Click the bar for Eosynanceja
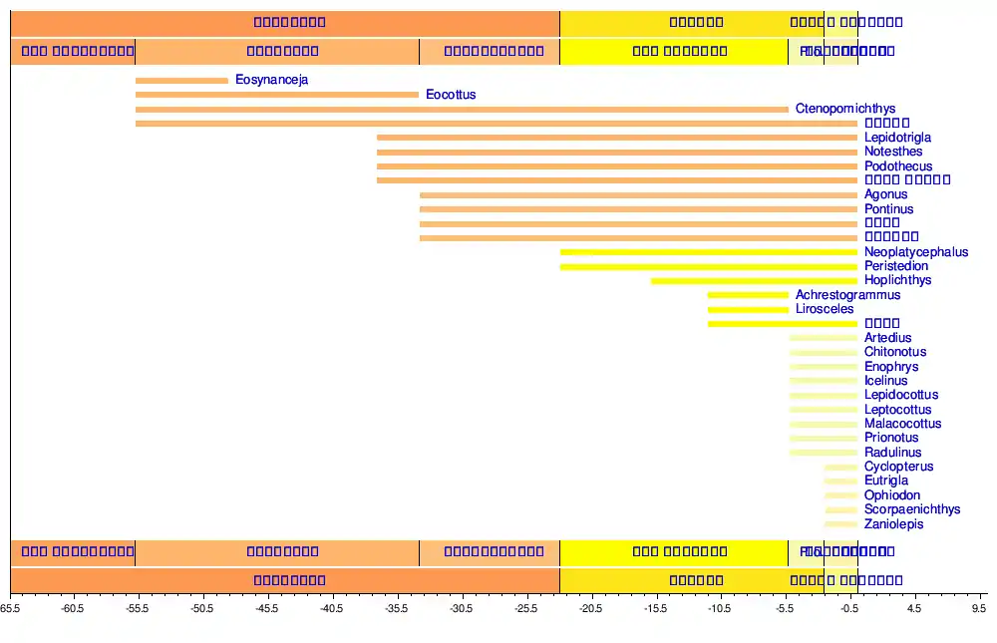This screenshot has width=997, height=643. [181, 81]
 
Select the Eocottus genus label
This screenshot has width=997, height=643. [451, 95]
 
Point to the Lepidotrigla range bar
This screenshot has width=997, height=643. [617, 138]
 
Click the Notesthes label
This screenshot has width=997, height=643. [893, 152]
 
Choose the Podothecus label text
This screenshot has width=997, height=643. [898, 166]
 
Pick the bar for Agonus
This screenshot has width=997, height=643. [638, 195]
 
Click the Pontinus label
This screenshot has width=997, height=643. [888, 209]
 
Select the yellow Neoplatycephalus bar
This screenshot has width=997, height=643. [709, 252]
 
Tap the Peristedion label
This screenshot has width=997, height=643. [896, 266]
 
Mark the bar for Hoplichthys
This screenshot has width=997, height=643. [754, 281]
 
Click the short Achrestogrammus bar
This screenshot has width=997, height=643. [748, 295]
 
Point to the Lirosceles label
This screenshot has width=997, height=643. [825, 309]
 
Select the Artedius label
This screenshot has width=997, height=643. [887, 338]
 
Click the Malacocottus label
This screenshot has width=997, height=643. [902, 424]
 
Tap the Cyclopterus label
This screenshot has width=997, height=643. [898, 467]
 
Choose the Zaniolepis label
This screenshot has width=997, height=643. [893, 524]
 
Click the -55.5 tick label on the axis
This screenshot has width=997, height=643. [137, 607]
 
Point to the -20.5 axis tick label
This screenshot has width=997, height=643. [591, 607]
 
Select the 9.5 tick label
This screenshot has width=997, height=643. [979, 607]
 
